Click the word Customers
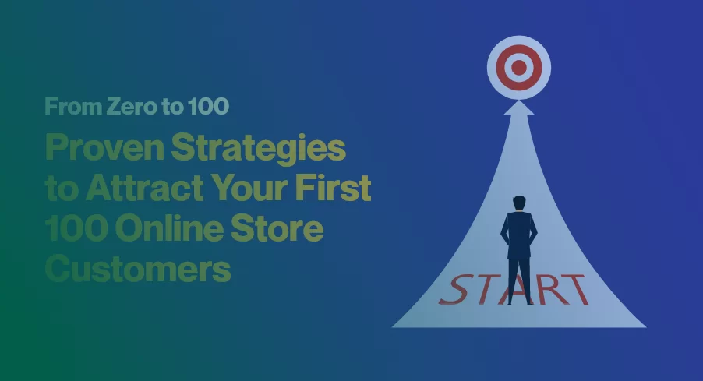pos(138,270)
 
